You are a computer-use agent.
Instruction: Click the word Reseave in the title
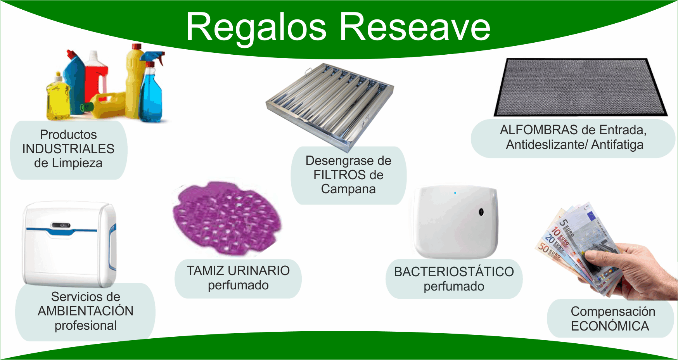(x=415, y=27)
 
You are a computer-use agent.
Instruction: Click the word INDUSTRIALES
(x=68, y=149)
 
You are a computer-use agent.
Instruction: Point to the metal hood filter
(x=330, y=105)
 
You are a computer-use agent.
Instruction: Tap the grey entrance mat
(x=581, y=87)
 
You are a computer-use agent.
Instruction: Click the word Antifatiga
(x=617, y=145)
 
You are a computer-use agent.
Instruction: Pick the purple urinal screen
(x=227, y=218)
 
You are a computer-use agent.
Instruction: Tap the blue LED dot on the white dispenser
(x=455, y=193)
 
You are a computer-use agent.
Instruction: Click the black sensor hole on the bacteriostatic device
(x=481, y=212)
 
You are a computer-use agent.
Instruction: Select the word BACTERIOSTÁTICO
(x=454, y=272)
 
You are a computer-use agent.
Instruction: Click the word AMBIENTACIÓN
(x=86, y=311)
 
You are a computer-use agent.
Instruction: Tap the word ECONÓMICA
(x=610, y=326)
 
